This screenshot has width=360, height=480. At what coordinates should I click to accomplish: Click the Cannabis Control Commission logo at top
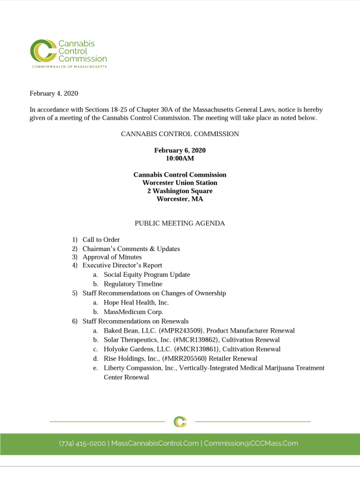(x=68, y=53)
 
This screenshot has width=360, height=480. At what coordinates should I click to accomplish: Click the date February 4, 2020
(x=55, y=93)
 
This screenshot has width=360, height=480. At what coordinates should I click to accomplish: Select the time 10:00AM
(x=179, y=159)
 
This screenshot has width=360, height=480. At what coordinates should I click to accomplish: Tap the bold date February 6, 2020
(x=179, y=150)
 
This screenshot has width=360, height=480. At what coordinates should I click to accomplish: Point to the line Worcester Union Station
(x=179, y=183)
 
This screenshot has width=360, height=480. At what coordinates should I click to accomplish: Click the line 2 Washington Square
(x=179, y=191)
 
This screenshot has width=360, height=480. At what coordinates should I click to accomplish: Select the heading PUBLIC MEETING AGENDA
(x=179, y=223)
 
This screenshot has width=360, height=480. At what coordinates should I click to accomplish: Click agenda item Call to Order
(x=101, y=240)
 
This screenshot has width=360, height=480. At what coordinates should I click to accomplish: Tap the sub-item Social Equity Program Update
(x=147, y=275)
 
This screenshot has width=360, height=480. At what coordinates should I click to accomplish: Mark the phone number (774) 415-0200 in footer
(x=82, y=443)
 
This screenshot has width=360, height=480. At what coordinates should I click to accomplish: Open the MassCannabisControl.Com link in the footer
(x=155, y=443)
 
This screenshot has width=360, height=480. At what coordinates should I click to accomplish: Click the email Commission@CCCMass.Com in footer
(x=251, y=443)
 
